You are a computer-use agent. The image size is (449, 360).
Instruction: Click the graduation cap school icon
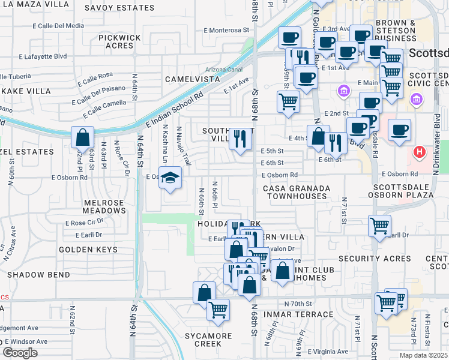(x=171, y=178)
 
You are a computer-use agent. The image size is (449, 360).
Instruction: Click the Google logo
(x=20, y=353)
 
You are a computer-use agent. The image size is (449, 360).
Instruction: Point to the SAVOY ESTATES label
(x=127, y=8)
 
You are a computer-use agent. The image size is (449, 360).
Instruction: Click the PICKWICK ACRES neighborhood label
(x=119, y=41)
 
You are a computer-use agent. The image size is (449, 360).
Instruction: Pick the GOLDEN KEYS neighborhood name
(x=84, y=248)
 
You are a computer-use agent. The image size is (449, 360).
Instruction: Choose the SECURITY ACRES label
(x=375, y=259)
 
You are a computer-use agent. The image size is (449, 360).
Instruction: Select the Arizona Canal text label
(x=224, y=70)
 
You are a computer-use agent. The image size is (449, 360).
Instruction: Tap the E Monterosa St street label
(x=226, y=29)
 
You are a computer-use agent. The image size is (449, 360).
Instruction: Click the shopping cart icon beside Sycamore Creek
(x=218, y=309)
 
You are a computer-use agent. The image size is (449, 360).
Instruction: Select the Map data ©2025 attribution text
(x=423, y=355)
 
